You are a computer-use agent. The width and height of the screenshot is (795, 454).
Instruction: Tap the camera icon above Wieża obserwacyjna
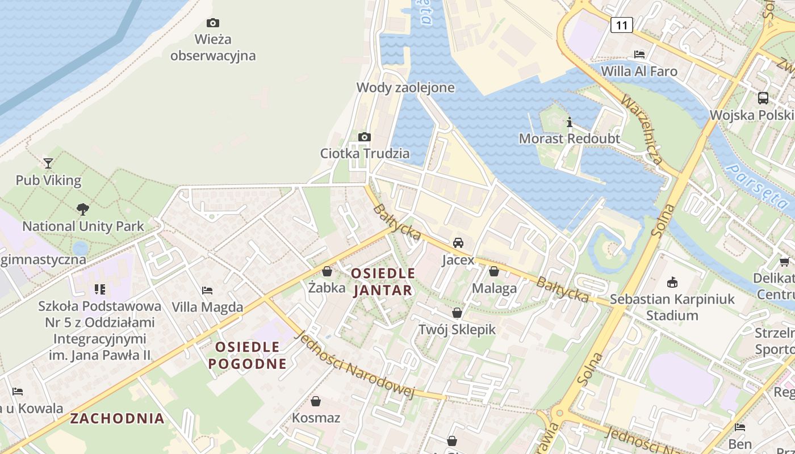(213, 23)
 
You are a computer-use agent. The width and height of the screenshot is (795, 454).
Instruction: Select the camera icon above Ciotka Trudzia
(365, 137)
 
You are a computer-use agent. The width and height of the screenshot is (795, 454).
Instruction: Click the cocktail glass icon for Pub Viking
(48, 163)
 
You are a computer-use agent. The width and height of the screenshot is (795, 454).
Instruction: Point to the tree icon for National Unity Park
(83, 209)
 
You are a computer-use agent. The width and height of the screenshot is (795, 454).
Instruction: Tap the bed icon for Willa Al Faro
(639, 54)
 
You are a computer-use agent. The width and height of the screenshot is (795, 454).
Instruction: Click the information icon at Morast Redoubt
(569, 122)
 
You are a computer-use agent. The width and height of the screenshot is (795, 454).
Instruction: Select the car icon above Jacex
(458, 243)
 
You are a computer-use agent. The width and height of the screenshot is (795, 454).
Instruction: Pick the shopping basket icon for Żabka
(327, 271)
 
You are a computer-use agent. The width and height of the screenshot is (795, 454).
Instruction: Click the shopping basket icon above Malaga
(494, 271)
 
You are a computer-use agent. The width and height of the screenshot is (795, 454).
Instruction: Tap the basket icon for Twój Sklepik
(457, 313)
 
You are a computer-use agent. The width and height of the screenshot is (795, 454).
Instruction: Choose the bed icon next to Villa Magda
(207, 291)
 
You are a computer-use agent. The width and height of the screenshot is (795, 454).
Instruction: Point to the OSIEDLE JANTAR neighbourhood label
(383, 282)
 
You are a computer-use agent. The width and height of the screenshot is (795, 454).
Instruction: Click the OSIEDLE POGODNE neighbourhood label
(248, 355)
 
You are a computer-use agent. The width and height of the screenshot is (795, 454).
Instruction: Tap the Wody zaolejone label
(405, 87)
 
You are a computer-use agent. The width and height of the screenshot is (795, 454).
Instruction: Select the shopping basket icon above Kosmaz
(316, 401)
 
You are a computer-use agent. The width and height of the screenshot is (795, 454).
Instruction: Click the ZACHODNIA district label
(117, 419)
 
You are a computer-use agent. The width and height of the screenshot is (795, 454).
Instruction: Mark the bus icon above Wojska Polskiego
(763, 98)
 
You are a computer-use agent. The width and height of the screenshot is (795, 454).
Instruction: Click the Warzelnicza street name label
(642, 131)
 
